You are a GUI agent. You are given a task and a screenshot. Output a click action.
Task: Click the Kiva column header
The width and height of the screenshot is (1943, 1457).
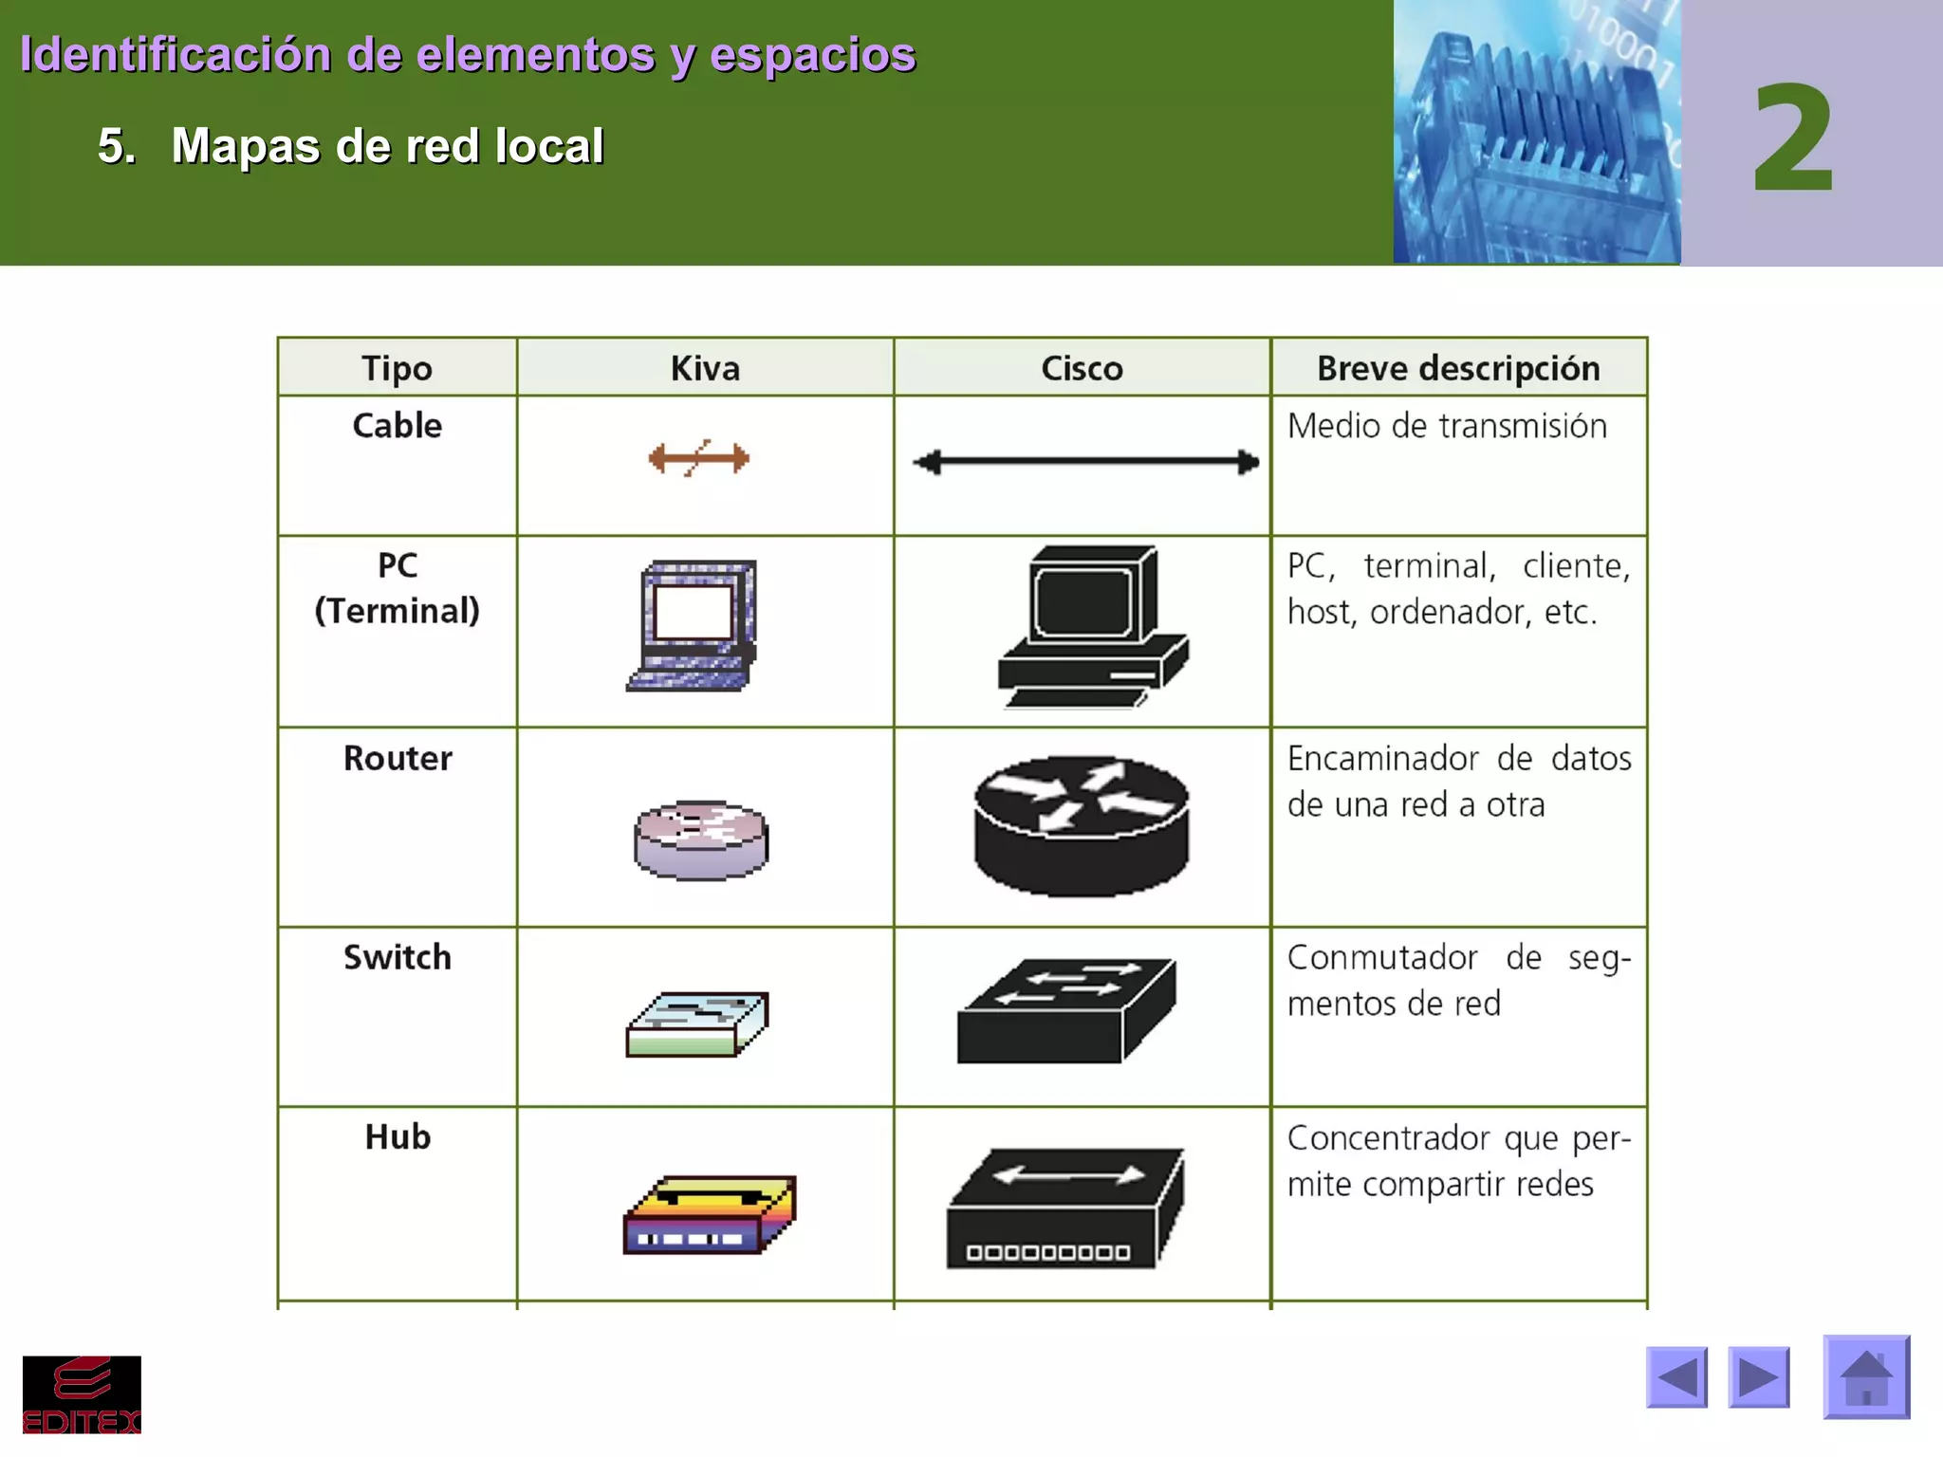pyautogui.click(x=705, y=368)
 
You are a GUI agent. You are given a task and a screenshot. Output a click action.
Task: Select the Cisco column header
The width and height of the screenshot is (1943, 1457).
pyautogui.click(x=1082, y=368)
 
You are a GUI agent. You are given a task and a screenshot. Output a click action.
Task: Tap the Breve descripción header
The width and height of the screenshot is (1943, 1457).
pyautogui.click(x=1458, y=368)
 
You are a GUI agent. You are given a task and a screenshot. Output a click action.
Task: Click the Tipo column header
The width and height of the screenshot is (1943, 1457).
pyautogui.click(x=397, y=368)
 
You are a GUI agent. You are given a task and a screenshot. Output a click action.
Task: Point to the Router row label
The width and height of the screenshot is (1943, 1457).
pyautogui.click(x=398, y=758)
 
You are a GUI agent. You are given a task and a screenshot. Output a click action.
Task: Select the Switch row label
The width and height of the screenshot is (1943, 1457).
pyautogui.click(x=398, y=957)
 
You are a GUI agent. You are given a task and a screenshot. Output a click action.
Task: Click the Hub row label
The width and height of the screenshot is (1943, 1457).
pyautogui.click(x=398, y=1136)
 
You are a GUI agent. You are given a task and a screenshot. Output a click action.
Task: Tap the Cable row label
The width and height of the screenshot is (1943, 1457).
pyautogui.click(x=398, y=425)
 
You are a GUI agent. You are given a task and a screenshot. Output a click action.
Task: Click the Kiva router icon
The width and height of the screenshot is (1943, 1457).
pyautogui.click(x=701, y=839)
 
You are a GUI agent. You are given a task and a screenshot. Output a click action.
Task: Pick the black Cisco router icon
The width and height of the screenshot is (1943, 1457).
pyautogui.click(x=1082, y=825)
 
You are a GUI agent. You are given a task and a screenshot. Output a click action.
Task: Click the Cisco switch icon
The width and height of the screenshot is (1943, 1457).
pyautogui.click(x=1066, y=1011)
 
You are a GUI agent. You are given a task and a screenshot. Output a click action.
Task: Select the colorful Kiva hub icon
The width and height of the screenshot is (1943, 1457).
pyautogui.click(x=709, y=1215)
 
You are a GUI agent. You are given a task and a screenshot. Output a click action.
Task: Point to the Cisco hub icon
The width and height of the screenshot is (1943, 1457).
pyautogui.click(x=1064, y=1208)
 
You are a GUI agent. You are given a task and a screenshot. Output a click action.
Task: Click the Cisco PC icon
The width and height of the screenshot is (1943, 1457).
pyautogui.click(x=1092, y=626)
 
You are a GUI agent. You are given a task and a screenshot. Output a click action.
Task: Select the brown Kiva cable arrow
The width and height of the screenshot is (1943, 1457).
pyautogui.click(x=699, y=459)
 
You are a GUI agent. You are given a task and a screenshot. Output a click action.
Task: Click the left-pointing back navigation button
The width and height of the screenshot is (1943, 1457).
pyautogui.click(x=1676, y=1377)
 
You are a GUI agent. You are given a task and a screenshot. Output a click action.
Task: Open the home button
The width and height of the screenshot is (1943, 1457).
pyautogui.click(x=1866, y=1377)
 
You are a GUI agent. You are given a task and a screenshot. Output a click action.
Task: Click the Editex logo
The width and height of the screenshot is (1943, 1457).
pyautogui.click(x=82, y=1394)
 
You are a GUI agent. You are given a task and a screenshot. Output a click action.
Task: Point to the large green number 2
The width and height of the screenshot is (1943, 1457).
pyautogui.click(x=1792, y=138)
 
